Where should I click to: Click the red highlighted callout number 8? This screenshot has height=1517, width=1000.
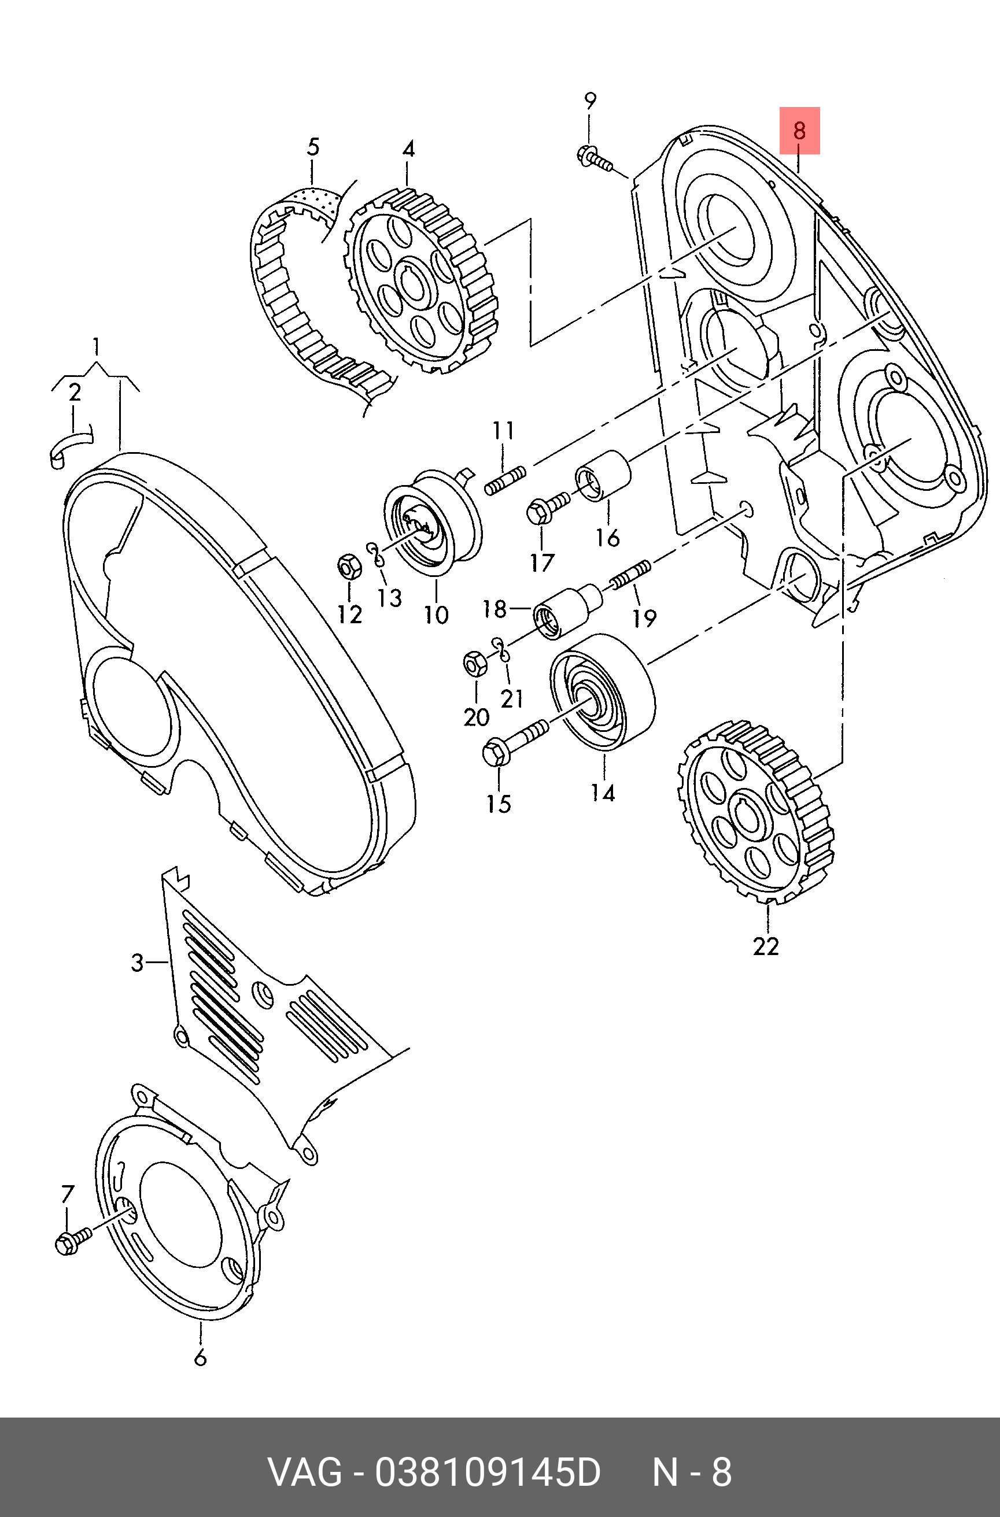tap(799, 131)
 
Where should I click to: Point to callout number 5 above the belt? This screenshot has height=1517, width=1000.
tap(312, 147)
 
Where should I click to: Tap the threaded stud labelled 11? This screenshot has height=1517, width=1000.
tap(504, 480)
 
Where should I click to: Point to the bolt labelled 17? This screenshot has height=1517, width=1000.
tap(548, 508)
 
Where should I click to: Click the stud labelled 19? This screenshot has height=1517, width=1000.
tap(630, 572)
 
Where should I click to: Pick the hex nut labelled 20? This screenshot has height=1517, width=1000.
tap(475, 665)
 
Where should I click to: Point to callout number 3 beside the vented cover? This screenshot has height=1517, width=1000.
tap(138, 962)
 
